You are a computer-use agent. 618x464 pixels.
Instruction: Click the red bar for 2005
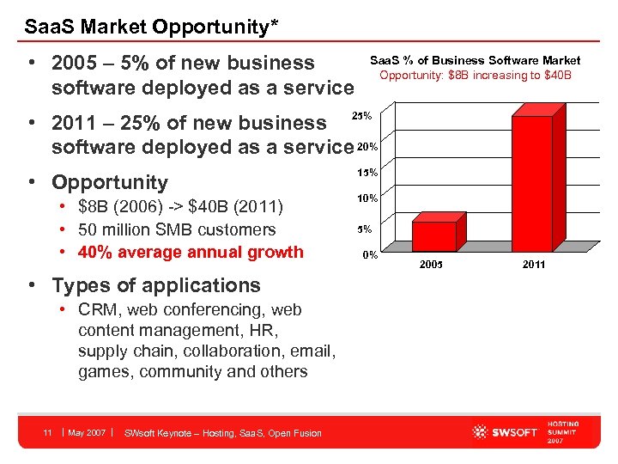click(433, 235)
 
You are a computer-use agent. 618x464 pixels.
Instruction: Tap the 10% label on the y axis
click(367, 199)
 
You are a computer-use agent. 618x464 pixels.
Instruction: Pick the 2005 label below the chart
click(431, 265)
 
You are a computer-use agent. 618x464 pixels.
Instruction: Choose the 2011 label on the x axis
click(533, 265)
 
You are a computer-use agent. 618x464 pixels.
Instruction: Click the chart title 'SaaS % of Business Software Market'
click(475, 60)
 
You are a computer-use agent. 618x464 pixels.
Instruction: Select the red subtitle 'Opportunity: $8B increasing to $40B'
click(475, 75)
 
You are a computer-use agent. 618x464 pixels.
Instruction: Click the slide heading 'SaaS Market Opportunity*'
click(151, 26)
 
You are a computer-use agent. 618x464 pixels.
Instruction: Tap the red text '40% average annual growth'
click(191, 252)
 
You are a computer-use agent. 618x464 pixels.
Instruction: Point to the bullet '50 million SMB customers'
click(177, 229)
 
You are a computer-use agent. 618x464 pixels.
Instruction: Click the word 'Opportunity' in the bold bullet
click(110, 182)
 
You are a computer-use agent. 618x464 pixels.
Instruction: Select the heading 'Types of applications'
click(155, 284)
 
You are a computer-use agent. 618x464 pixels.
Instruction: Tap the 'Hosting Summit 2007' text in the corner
click(563, 432)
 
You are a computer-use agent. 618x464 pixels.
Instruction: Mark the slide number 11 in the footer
click(49, 432)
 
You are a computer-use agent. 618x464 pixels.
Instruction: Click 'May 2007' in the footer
click(87, 432)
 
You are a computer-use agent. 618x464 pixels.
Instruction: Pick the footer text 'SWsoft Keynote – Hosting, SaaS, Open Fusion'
click(223, 432)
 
